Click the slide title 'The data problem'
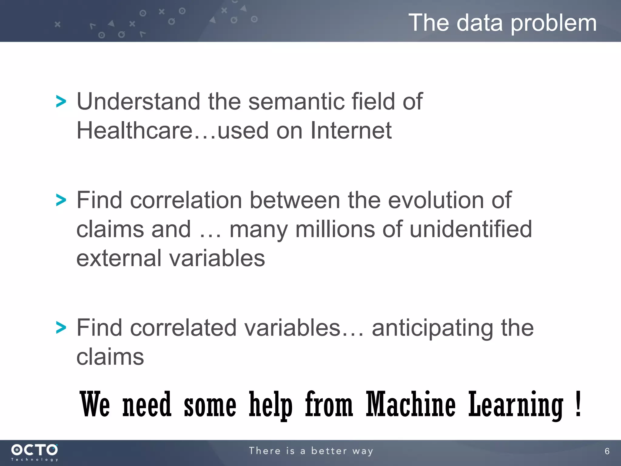pos(502,23)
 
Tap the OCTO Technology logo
pos(34,452)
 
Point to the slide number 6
pos(607,451)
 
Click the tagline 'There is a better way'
pos(311,451)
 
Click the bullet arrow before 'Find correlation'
pos(61,200)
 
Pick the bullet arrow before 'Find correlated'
pos(61,328)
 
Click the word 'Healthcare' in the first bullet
pos(135,130)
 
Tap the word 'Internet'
pos(351,130)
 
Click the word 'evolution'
pos(436,200)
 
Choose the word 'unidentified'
pos(471,229)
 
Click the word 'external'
pos(119,258)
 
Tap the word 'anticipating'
pos(433,328)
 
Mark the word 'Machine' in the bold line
pos(411,404)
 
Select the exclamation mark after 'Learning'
pos(578,404)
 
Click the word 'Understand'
pos(138,101)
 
